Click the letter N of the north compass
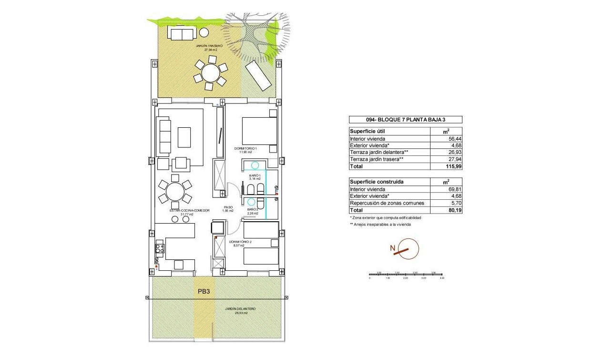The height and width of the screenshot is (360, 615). click(392, 248)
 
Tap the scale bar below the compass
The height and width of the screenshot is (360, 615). click(407, 275)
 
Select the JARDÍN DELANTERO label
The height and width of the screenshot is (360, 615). click(240, 309)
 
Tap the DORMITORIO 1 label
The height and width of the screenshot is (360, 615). click(246, 149)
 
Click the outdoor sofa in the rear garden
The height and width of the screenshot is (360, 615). click(181, 34)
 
